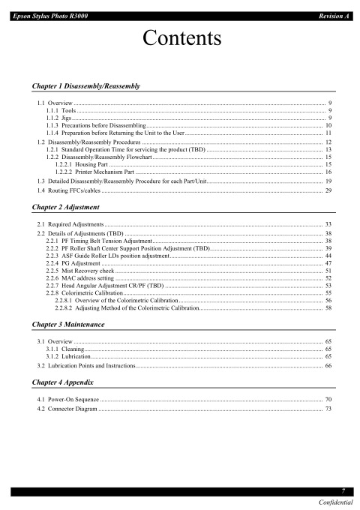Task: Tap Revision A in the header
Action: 335,6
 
